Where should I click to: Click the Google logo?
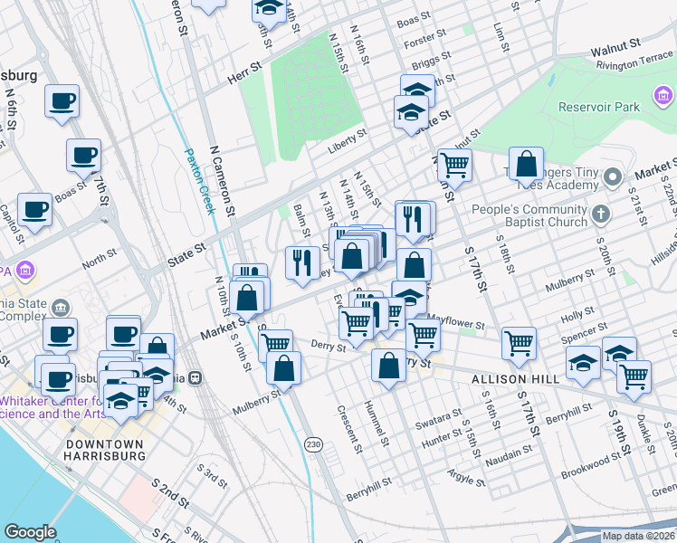tap(30, 532)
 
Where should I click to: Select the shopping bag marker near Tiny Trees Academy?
tap(526, 164)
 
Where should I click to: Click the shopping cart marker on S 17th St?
tap(519, 342)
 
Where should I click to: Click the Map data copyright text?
tap(638, 536)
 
